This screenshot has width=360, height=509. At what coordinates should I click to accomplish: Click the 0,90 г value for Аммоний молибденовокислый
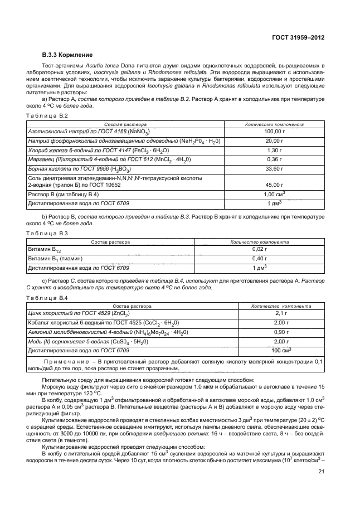280,332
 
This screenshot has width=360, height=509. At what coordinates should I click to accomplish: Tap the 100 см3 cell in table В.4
280,350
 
